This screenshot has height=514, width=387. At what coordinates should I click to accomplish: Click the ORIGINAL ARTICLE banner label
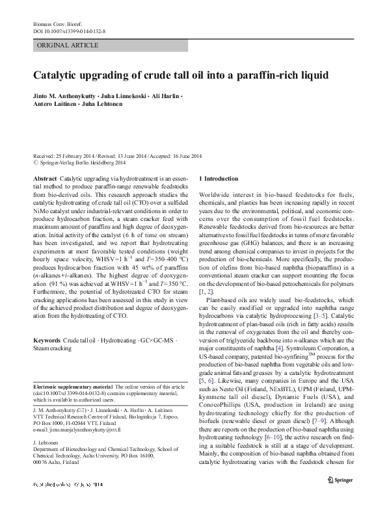click(68, 45)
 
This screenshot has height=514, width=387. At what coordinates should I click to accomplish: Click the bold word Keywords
click(46, 340)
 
